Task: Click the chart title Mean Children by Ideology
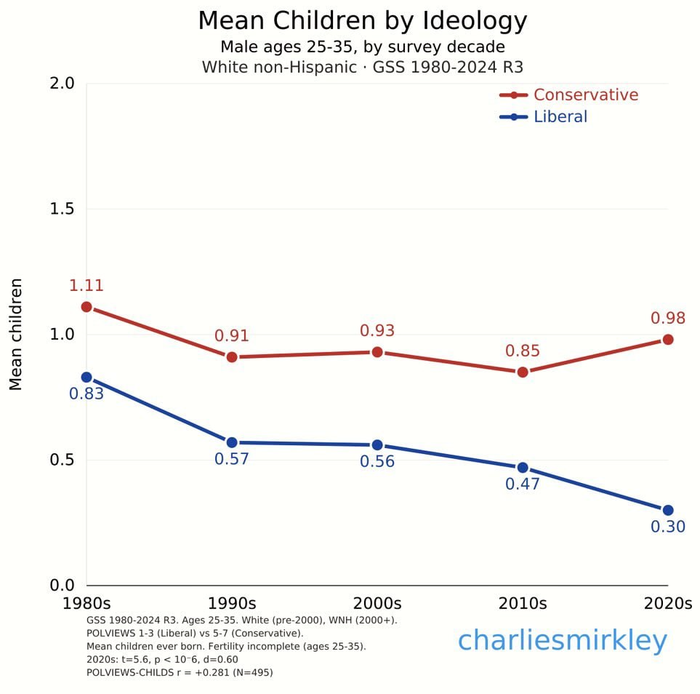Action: pos(362,21)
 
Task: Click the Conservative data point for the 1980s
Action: pos(87,307)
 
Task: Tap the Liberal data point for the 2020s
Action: pos(667,510)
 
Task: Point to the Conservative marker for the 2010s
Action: pos(522,372)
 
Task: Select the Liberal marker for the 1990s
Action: pos(232,442)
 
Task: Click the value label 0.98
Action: pos(667,319)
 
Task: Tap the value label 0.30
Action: pos(667,527)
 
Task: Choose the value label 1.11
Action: pos(87,286)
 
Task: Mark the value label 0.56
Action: pos(377,462)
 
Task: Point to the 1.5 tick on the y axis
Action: pos(62,210)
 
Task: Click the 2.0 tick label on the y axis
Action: pos(62,84)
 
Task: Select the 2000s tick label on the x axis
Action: pos(377,604)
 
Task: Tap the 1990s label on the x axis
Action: pos(232,604)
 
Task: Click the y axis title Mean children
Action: pos(16,334)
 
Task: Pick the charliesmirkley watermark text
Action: pos(562,641)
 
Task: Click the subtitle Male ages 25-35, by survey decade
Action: pos(362,47)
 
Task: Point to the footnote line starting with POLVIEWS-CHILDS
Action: pos(179,673)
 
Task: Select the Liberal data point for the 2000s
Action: pos(377,445)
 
